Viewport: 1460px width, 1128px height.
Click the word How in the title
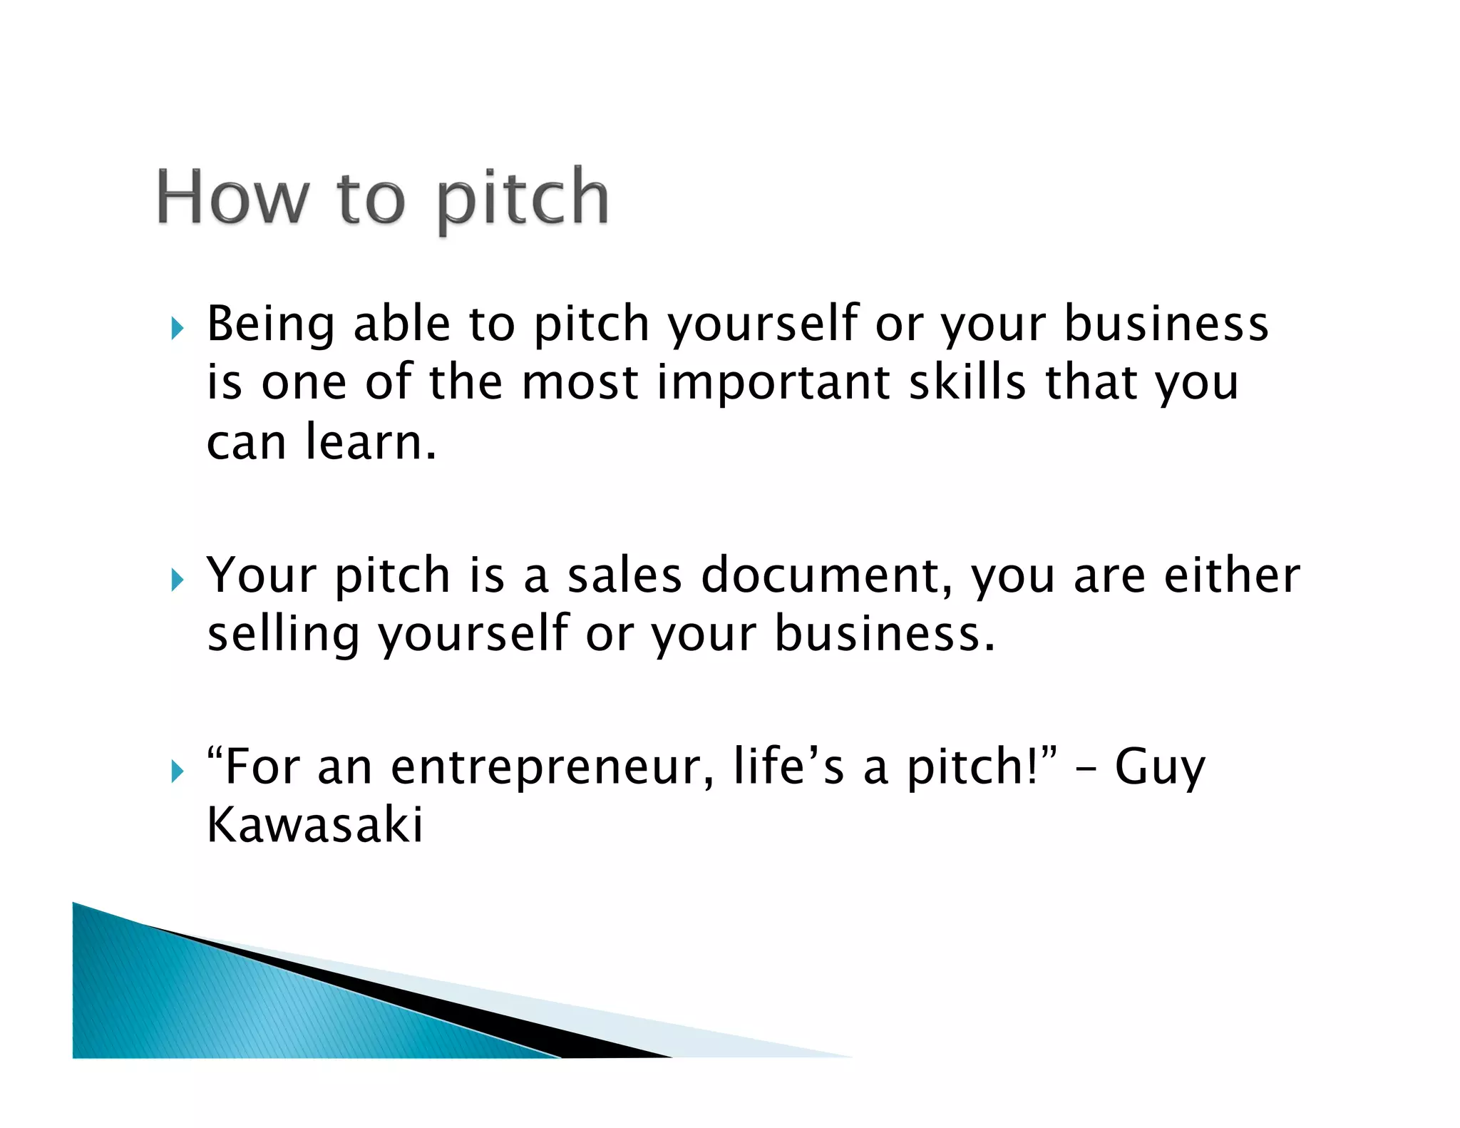tap(232, 198)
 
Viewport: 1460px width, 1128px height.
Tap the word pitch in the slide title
tap(523, 199)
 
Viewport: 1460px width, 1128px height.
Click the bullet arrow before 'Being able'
tap(178, 329)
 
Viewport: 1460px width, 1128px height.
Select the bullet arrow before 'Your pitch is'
tap(178, 580)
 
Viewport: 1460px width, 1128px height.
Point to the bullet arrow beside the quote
tap(178, 771)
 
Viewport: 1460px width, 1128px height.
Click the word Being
tap(270, 325)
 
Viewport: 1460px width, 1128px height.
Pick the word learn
tap(370, 442)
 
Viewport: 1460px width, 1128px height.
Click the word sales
tap(624, 575)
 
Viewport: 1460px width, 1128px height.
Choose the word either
tap(1232, 575)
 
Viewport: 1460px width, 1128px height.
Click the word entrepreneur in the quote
tap(552, 767)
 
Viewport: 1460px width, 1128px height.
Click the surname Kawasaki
tap(314, 825)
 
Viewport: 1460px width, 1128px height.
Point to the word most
tap(580, 383)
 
